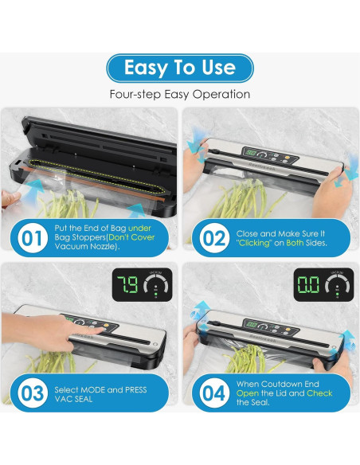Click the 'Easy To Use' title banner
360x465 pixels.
[x=180, y=68]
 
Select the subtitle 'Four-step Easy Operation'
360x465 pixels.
[x=180, y=94]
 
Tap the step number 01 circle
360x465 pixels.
[x=33, y=238]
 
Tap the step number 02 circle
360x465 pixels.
[x=214, y=238]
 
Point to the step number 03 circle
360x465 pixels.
[x=33, y=393]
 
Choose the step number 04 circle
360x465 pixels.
[x=214, y=393]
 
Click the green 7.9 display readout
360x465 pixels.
[x=127, y=285]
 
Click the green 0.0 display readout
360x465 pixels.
[x=308, y=285]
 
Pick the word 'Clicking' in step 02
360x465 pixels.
[x=254, y=243]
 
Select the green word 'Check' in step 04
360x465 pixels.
[x=319, y=393]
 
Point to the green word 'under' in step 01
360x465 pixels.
[x=139, y=228]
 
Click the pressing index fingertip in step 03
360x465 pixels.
[x=100, y=330]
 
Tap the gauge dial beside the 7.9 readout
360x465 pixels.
[x=156, y=284]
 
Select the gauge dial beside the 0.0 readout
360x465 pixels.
[x=338, y=284]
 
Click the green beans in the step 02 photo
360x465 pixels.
[x=246, y=198]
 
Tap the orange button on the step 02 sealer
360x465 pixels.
[x=288, y=157]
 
